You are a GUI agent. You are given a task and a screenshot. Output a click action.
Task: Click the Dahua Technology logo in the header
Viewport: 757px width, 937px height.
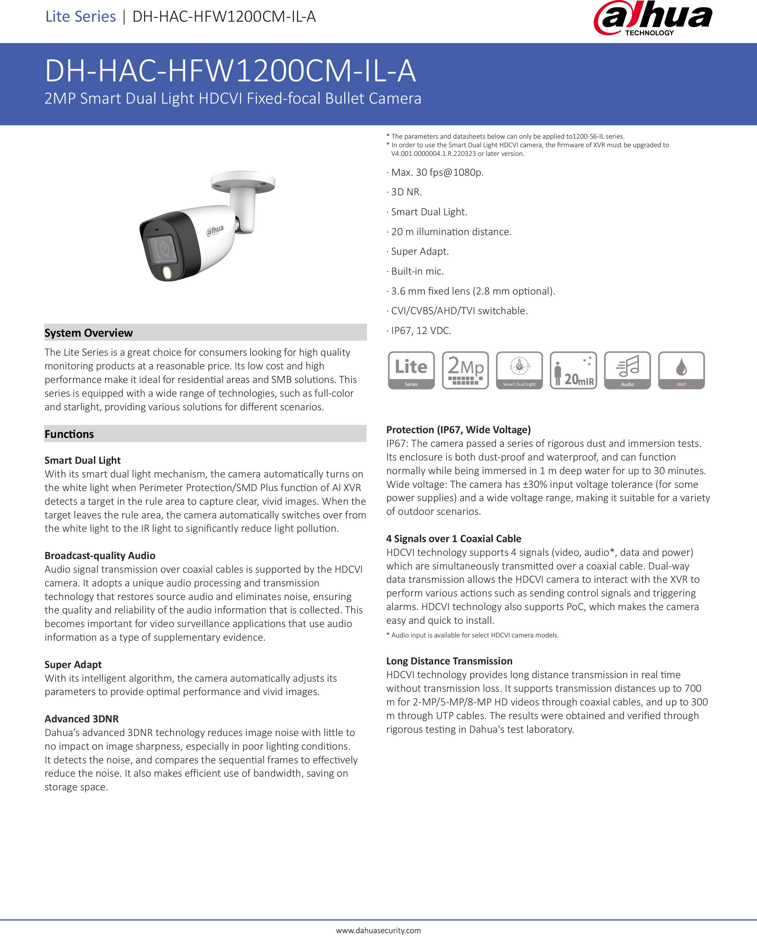[x=653, y=19]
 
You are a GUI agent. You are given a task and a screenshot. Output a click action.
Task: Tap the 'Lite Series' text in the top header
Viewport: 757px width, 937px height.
[x=81, y=17]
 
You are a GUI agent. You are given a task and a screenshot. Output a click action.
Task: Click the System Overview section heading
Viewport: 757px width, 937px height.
[x=88, y=333]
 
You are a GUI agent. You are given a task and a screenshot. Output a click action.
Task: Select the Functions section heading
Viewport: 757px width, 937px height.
[x=69, y=434]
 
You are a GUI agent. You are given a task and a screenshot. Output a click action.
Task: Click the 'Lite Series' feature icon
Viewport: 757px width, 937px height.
[x=411, y=370]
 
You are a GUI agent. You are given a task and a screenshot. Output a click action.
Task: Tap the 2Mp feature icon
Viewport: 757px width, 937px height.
[x=465, y=370]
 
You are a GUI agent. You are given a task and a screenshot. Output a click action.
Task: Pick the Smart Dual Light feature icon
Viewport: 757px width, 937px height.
[x=519, y=370]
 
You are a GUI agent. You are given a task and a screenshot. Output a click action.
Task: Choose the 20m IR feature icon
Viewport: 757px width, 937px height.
[x=574, y=370]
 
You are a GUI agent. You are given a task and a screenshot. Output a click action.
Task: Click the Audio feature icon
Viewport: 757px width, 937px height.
[x=628, y=370]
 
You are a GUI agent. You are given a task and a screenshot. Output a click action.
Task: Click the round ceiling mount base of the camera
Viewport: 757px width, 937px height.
[x=243, y=181]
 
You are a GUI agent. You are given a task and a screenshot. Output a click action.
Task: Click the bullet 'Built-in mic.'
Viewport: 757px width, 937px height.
[x=417, y=271]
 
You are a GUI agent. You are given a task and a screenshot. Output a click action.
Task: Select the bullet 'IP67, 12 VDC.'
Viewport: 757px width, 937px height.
[x=421, y=330]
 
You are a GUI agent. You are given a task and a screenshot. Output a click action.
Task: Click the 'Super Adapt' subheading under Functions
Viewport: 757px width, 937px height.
[x=73, y=664]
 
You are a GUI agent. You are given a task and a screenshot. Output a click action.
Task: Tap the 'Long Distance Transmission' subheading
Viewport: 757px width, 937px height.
[x=449, y=661]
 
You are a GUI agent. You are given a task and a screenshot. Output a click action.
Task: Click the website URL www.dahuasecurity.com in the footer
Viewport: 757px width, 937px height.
[x=378, y=930]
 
